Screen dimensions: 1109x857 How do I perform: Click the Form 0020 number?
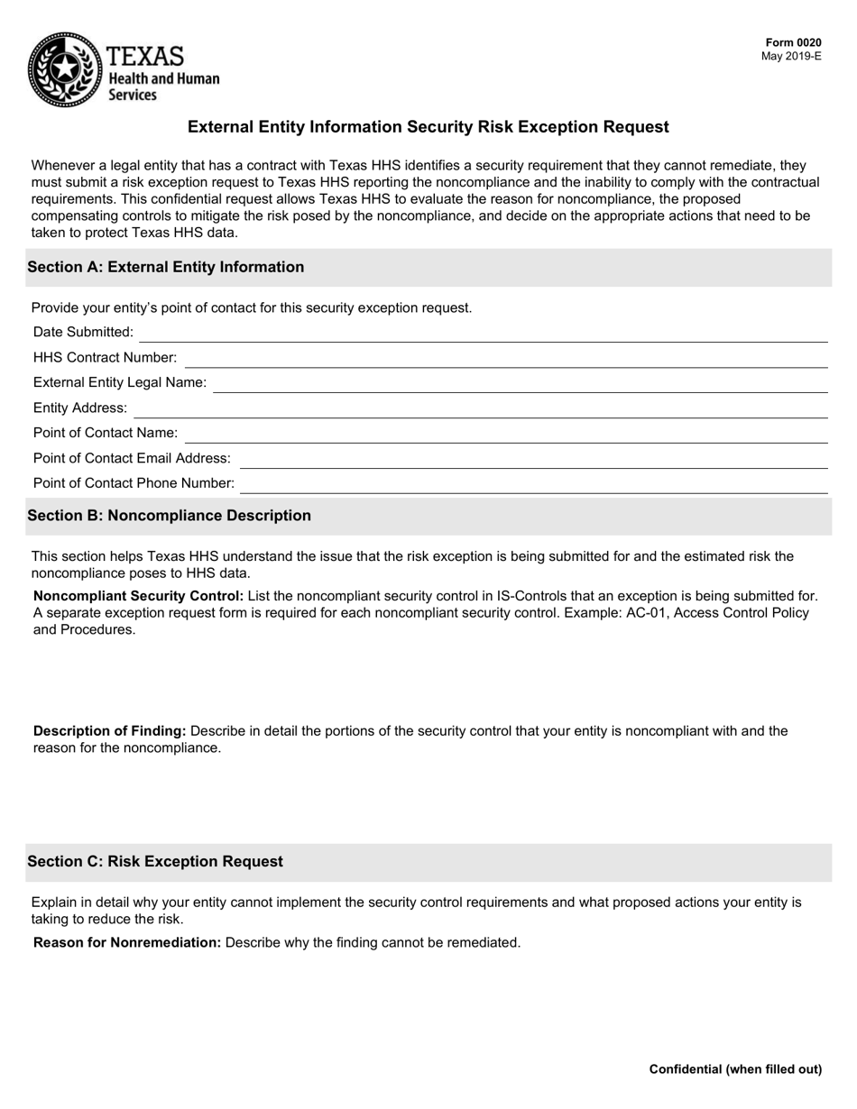[x=793, y=42]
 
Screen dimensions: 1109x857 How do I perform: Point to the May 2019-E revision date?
[x=791, y=56]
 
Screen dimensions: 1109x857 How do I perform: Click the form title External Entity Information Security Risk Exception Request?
[x=428, y=127]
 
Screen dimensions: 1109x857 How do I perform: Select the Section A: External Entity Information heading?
[x=165, y=267]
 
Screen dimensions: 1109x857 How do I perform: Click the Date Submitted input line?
[x=483, y=334]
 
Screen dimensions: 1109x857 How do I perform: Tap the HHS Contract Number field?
[x=505, y=359]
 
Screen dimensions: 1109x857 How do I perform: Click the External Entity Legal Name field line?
[x=521, y=384]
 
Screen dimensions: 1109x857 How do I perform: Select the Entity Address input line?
[x=480, y=409]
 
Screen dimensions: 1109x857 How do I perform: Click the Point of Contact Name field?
[x=505, y=435]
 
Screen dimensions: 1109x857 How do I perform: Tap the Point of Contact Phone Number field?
[x=534, y=485]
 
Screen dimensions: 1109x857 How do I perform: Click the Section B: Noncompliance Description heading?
[x=169, y=516]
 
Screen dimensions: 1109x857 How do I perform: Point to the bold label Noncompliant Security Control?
[x=138, y=596]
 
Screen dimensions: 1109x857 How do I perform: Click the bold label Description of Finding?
[x=109, y=731]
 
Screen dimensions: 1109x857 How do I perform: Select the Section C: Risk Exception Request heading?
[x=154, y=862]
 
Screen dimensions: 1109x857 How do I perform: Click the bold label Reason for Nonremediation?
[x=126, y=943]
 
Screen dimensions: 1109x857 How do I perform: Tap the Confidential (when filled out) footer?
[x=735, y=1069]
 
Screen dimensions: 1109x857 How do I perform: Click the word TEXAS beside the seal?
[x=145, y=56]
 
